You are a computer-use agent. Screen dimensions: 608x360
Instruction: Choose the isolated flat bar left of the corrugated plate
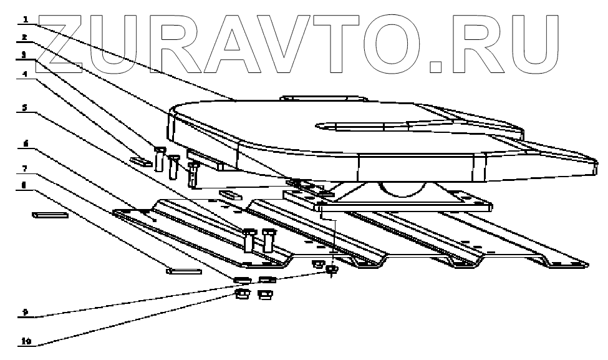tap(49, 215)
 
